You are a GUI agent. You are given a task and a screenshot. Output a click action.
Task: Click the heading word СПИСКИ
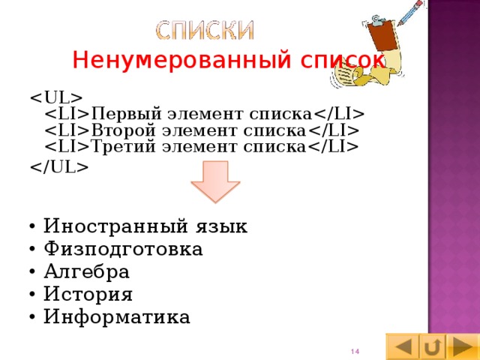(x=205, y=29)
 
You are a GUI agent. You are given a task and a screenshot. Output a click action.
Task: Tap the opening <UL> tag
(x=55, y=97)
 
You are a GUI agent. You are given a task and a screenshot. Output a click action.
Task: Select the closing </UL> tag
(x=59, y=166)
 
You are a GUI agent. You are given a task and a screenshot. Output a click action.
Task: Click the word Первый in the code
(x=121, y=114)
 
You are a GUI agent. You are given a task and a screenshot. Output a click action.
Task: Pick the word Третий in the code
(x=121, y=146)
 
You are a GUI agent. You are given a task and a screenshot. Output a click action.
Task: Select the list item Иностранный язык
(x=145, y=226)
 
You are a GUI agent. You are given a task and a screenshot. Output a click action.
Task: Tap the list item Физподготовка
(x=122, y=248)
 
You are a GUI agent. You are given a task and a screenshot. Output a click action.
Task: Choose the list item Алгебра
(x=86, y=271)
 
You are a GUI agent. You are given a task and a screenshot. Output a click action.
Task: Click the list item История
(x=88, y=293)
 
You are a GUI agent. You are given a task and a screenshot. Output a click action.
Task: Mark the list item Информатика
(x=116, y=316)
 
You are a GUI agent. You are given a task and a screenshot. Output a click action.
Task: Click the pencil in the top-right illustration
(x=411, y=13)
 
